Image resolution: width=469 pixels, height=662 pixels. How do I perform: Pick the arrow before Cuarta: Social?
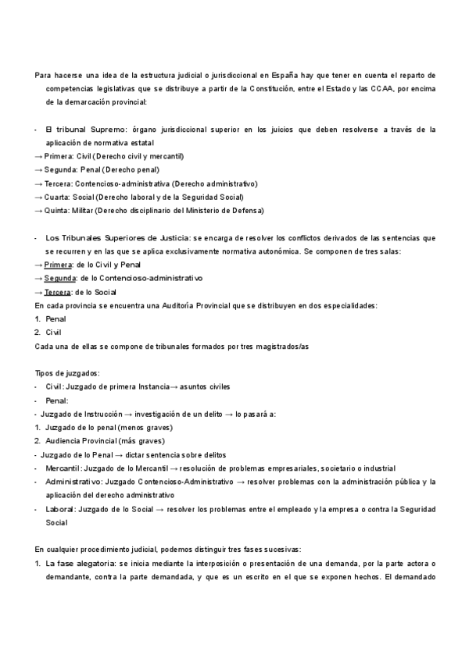(x=39, y=198)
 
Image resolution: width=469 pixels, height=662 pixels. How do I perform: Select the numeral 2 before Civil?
(x=38, y=333)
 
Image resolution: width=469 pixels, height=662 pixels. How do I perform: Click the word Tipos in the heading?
(x=45, y=374)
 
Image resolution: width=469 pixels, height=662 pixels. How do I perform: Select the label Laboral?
(x=59, y=510)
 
